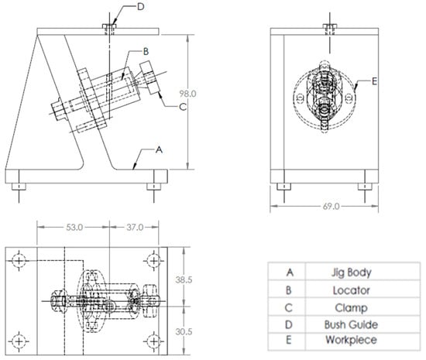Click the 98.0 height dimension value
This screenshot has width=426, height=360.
click(187, 94)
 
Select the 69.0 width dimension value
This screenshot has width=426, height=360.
click(332, 207)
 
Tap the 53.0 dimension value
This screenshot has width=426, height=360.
click(74, 228)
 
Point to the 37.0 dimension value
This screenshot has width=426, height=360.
click(135, 228)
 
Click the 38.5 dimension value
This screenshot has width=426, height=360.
click(184, 279)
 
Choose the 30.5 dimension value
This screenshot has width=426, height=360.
click(184, 331)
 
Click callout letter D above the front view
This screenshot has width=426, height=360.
click(140, 6)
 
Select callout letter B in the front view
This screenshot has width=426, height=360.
click(146, 51)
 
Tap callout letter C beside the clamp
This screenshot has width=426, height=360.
click(183, 107)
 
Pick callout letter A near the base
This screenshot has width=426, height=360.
click(159, 149)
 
